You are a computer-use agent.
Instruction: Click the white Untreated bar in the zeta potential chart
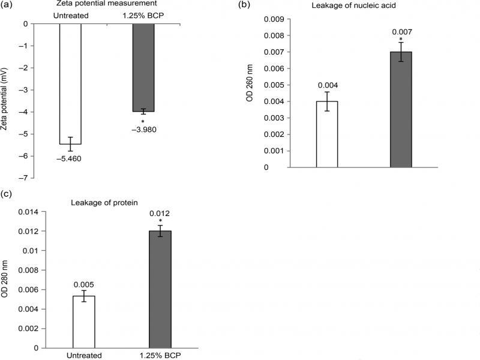point(70,84)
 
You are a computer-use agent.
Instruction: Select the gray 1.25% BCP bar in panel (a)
point(143,67)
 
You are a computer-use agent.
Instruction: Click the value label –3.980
point(143,130)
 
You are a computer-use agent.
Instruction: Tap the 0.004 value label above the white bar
point(327,85)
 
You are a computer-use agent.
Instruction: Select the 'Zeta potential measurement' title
point(109,4)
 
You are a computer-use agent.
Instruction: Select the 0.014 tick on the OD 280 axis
point(28,212)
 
